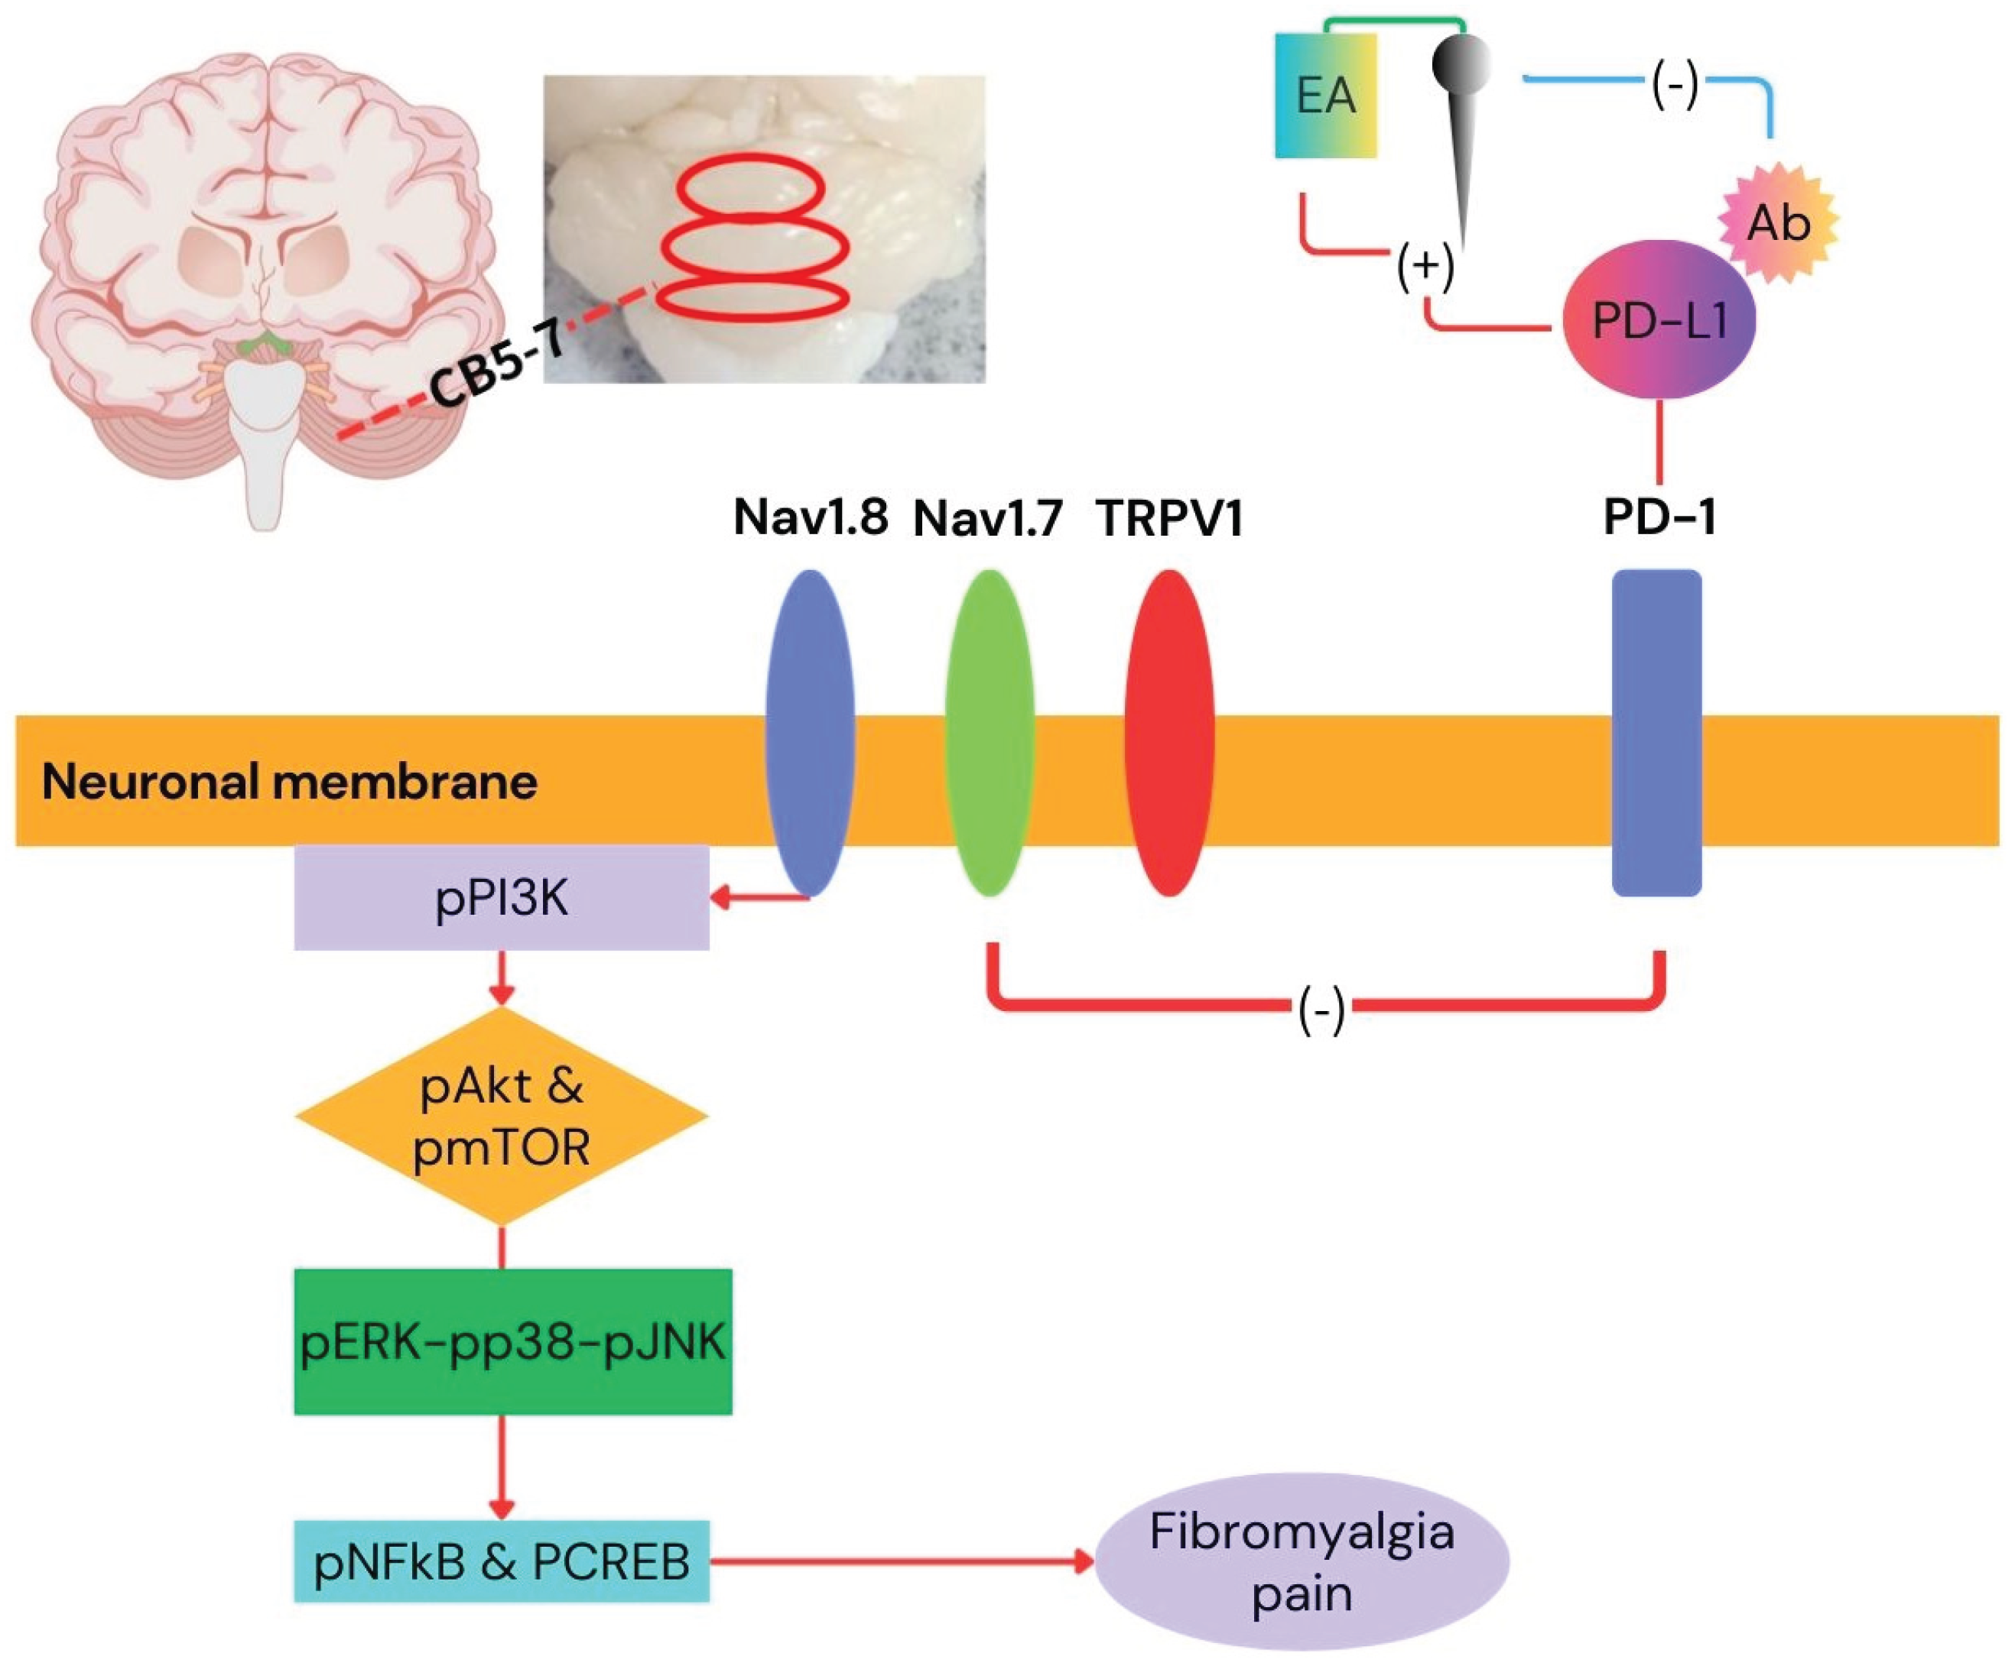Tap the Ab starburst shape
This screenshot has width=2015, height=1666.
1778,222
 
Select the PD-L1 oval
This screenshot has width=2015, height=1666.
1659,320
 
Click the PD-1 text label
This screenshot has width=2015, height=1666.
1659,518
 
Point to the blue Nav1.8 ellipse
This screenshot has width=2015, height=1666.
810,734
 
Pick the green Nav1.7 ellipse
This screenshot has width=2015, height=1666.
990,734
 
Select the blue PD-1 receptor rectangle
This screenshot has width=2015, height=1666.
1656,734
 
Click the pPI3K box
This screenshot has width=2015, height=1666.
501,898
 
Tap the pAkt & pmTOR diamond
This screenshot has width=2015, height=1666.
501,1116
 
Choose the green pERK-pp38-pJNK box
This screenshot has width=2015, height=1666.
512,1342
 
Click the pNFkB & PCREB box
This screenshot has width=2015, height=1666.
501,1561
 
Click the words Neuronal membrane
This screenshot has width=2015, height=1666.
289,782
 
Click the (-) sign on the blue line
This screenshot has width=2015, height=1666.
1675,86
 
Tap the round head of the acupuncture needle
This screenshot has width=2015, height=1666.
1461,63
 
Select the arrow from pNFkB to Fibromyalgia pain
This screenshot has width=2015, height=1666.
902,1561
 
